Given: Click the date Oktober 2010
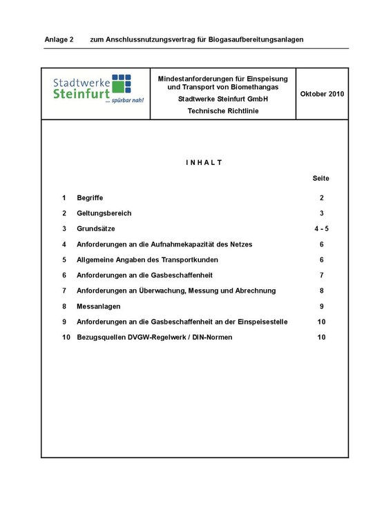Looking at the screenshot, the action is pyautogui.click(x=322, y=94).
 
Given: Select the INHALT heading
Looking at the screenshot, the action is pyautogui.click(x=204, y=162).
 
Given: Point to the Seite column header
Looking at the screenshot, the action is pyautogui.click(x=321, y=178).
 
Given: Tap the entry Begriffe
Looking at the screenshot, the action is pyautogui.click(x=90, y=197).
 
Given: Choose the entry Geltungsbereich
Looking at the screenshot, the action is pyautogui.click(x=104, y=213).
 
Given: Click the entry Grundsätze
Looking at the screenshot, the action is pyautogui.click(x=96, y=228).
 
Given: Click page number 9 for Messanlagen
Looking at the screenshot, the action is pyautogui.click(x=321, y=306).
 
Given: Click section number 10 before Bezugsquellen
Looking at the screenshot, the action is pyautogui.click(x=66, y=337).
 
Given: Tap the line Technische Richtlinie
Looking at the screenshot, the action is pyautogui.click(x=222, y=111).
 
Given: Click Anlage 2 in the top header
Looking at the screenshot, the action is pyautogui.click(x=59, y=39).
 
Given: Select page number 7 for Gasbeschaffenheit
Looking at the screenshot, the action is pyautogui.click(x=321, y=275).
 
